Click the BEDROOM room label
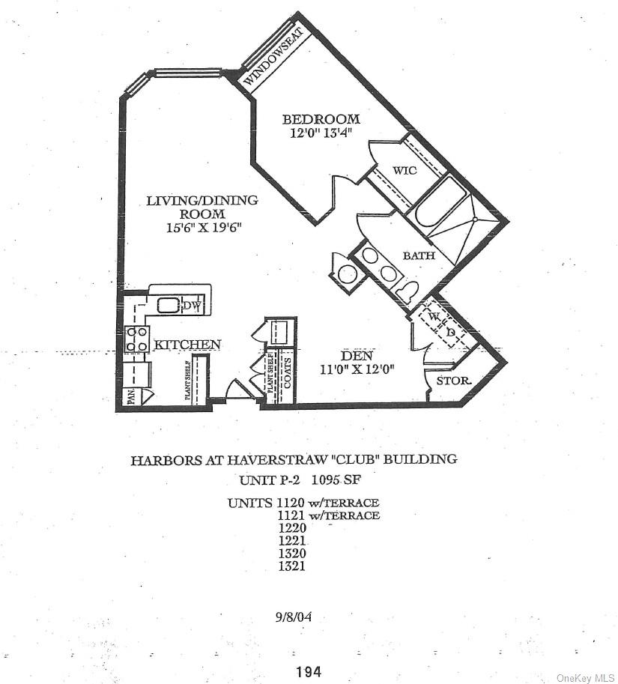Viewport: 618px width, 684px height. click(321, 118)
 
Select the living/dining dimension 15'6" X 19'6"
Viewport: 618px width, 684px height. click(204, 227)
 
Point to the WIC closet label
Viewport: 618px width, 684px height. click(405, 170)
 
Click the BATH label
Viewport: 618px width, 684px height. click(419, 255)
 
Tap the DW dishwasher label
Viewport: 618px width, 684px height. click(190, 306)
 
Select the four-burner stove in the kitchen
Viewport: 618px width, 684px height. click(136, 339)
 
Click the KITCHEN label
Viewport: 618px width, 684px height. click(187, 345)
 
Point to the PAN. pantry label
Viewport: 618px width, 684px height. click(131, 397)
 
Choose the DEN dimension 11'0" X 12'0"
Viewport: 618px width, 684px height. click(357, 369)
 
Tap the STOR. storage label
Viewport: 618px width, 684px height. click(454, 381)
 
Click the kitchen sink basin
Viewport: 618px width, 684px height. click(168, 304)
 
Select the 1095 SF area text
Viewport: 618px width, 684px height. click(336, 479)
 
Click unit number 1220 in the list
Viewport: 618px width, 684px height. click(292, 528)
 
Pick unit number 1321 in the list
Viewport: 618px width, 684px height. click(292, 566)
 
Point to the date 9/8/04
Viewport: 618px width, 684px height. click(294, 617)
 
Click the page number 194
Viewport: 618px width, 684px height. click(309, 671)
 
